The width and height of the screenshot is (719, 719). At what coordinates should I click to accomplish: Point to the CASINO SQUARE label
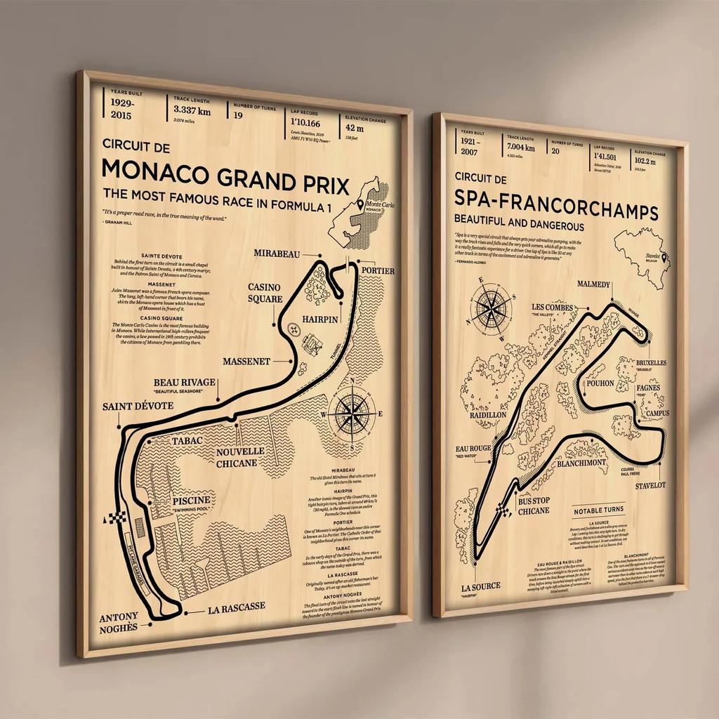click(263, 293)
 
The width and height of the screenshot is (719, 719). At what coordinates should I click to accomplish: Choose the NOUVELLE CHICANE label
click(240, 457)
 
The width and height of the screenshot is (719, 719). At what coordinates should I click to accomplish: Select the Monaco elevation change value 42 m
click(355, 128)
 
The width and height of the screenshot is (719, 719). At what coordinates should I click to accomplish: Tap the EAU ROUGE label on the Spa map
click(473, 449)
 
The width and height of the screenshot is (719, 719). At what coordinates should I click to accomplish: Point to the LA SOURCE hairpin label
click(481, 586)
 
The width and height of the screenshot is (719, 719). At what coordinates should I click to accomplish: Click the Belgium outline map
click(642, 256)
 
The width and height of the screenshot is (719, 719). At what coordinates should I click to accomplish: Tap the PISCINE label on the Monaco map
click(188, 501)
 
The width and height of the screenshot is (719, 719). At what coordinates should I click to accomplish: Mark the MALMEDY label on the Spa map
click(593, 284)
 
